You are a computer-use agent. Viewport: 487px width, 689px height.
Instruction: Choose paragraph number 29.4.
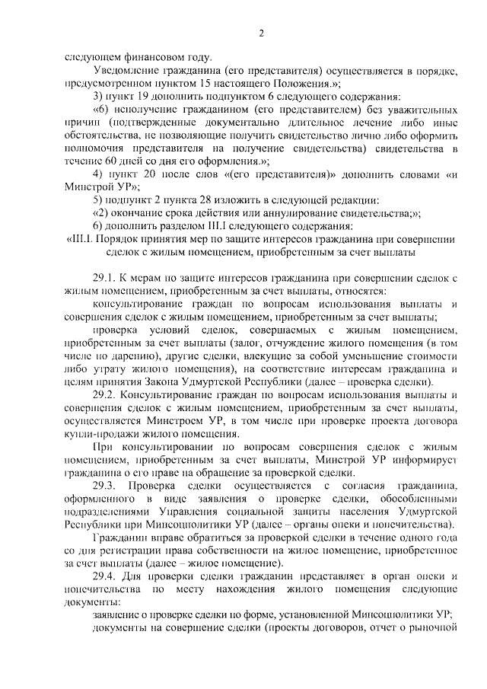[x=103, y=577]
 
